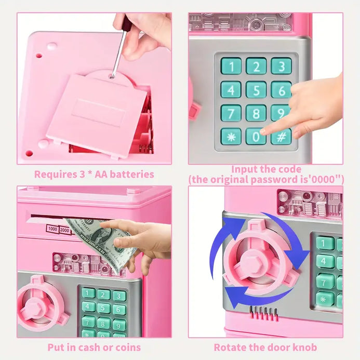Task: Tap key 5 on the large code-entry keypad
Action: [x=256, y=90]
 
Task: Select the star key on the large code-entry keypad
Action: [x=231, y=137]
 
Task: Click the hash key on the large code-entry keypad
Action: [x=281, y=137]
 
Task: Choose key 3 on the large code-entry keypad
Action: [x=281, y=66]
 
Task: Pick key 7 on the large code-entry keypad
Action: [x=231, y=113]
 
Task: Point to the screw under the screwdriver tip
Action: [x=112, y=76]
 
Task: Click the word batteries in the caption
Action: [x=132, y=174]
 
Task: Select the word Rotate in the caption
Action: [x=228, y=348]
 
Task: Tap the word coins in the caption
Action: [x=128, y=348]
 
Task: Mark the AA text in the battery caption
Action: [x=100, y=174]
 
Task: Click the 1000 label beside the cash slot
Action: [x=52, y=229]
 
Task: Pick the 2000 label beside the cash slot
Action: [x=64, y=230]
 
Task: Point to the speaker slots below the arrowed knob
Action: [x=264, y=313]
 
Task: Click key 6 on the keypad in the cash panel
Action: [x=119, y=310]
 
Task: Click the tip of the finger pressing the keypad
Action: [x=262, y=131]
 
